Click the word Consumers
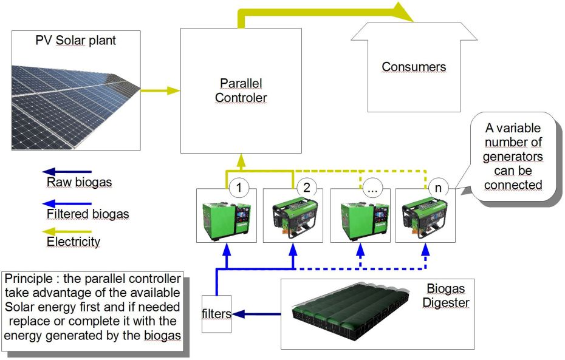coord(414,67)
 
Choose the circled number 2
coord(306,188)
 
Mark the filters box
coord(217,313)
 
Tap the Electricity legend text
coord(73,242)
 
